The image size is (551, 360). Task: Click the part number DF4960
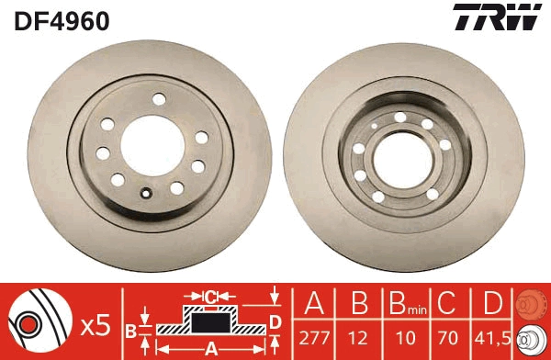click(x=62, y=19)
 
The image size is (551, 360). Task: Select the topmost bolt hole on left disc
click(x=158, y=99)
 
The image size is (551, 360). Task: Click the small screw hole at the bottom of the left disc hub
click(x=145, y=193)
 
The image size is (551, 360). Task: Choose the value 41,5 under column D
click(x=493, y=335)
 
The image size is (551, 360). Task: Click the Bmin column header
click(x=405, y=304)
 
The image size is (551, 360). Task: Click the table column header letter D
click(x=493, y=303)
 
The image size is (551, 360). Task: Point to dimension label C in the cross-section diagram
click(x=209, y=296)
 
